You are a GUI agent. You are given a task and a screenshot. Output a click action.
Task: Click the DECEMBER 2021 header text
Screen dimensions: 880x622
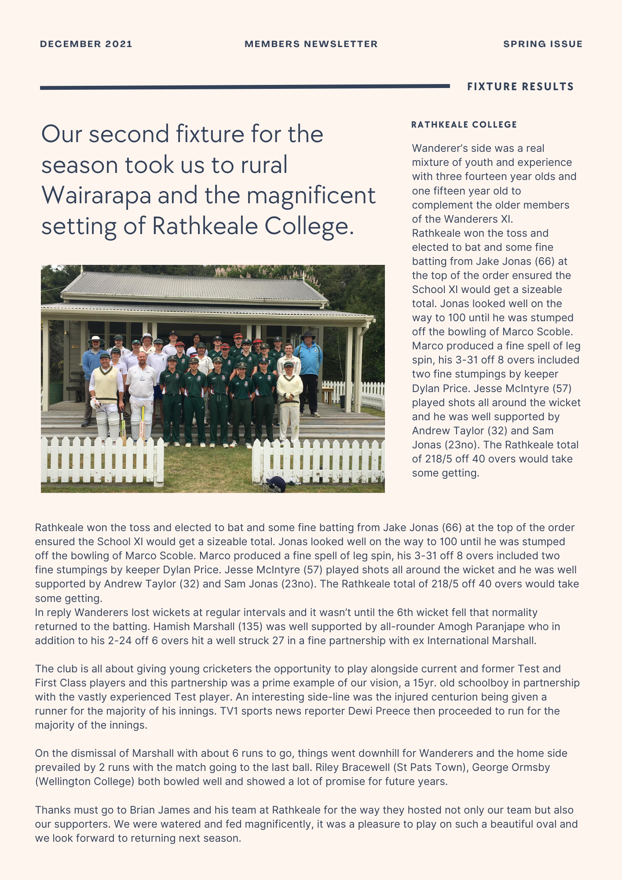point(86,44)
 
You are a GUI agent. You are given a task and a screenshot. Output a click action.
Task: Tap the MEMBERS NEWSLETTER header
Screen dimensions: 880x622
point(311,44)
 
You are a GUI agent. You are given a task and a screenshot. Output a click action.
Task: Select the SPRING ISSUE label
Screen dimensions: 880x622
point(543,44)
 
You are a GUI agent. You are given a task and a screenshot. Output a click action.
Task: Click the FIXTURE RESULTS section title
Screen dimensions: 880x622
point(520,87)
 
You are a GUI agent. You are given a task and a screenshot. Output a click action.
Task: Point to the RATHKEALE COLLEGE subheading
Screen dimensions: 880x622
point(464,125)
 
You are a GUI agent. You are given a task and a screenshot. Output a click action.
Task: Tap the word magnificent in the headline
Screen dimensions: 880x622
point(311,195)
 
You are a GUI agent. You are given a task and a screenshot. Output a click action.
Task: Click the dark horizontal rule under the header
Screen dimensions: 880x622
point(245,87)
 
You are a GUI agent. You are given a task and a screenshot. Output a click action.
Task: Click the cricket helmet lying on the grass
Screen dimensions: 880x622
point(274,484)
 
